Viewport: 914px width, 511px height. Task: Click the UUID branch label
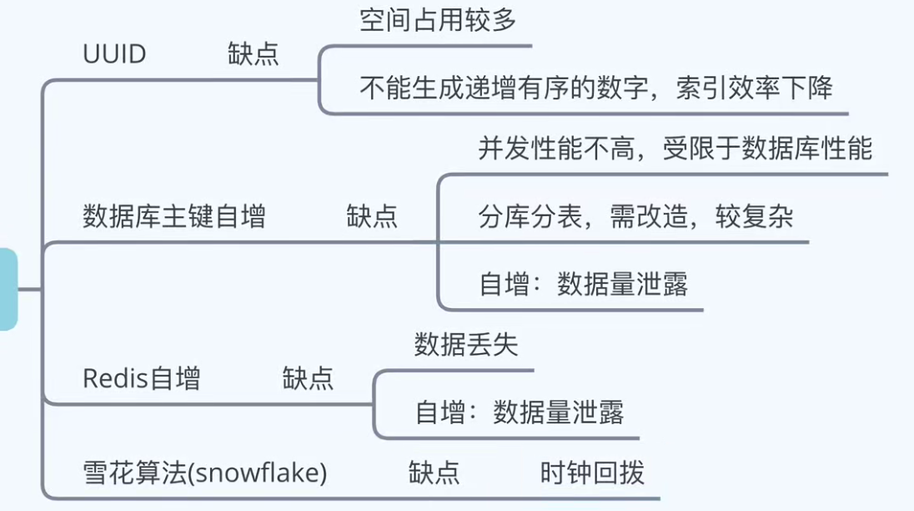pyautogui.click(x=114, y=54)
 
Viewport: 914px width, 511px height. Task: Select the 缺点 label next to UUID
pyautogui.click(x=253, y=54)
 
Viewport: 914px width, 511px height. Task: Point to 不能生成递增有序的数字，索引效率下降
pyautogui.click(x=595, y=87)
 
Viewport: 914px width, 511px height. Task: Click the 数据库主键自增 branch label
pyautogui.click(x=174, y=217)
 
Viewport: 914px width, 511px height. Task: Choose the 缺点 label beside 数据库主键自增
pyautogui.click(x=371, y=217)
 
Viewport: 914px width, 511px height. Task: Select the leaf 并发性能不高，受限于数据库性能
pyautogui.click(x=675, y=149)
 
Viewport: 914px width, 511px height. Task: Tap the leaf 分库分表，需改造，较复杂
pyautogui.click(x=635, y=217)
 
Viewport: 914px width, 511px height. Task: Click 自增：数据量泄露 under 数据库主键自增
pyautogui.click(x=583, y=285)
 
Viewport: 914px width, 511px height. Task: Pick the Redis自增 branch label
pyautogui.click(x=142, y=378)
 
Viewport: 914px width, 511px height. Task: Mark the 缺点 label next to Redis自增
pyautogui.click(x=308, y=378)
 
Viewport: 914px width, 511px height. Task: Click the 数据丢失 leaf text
pyautogui.click(x=465, y=344)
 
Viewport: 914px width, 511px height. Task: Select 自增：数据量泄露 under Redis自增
pyautogui.click(x=519, y=412)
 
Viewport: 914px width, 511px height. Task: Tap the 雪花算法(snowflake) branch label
pyautogui.click(x=205, y=473)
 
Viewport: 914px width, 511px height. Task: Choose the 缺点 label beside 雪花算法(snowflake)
pyautogui.click(x=434, y=473)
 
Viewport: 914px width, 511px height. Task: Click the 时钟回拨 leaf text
pyautogui.click(x=592, y=473)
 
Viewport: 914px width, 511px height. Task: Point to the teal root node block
pyautogui.click(x=8, y=289)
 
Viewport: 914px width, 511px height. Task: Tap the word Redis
pyautogui.click(x=115, y=378)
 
